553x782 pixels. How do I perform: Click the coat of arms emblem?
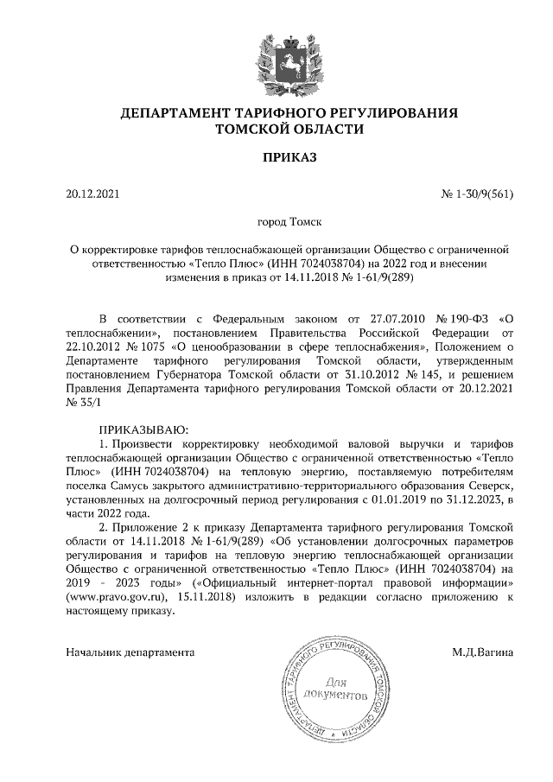[276, 61]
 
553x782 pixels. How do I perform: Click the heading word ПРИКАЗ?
[276, 158]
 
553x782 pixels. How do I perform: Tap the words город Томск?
[276, 222]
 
